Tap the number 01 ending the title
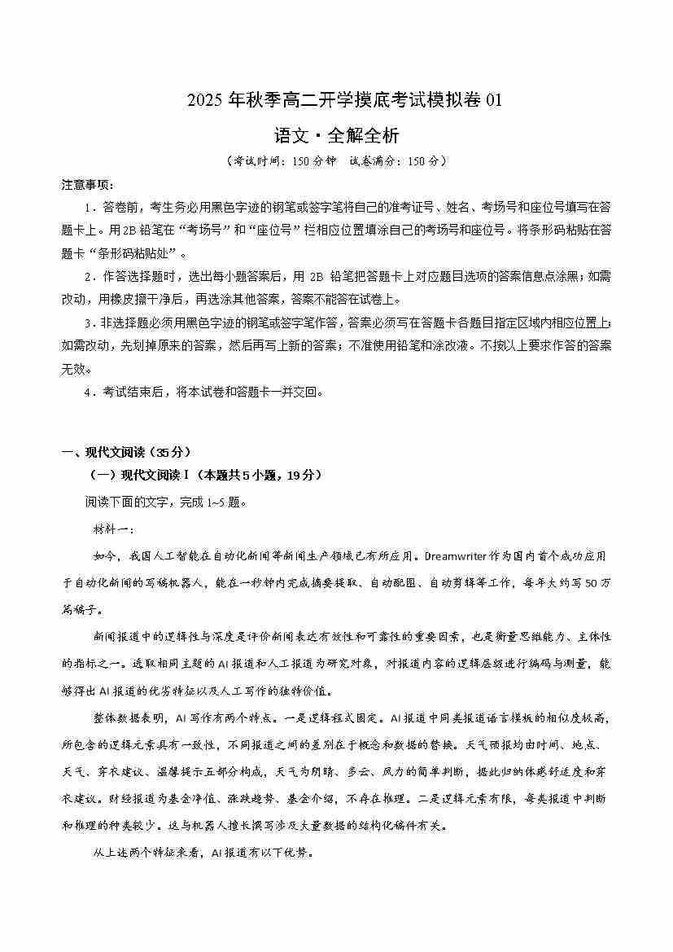pyautogui.click(x=494, y=101)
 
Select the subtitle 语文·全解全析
pyautogui.click(x=337, y=134)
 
